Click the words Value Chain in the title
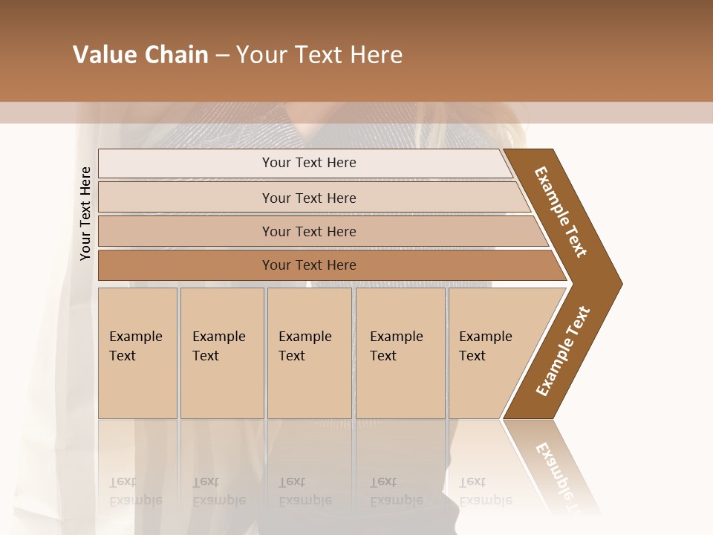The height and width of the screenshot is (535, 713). [x=140, y=55]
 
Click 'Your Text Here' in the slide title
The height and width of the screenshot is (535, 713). [x=319, y=55]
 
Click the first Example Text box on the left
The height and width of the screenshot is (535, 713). [x=137, y=353]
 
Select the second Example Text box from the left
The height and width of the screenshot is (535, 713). [x=222, y=353]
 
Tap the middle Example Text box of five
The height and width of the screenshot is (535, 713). [x=309, y=353]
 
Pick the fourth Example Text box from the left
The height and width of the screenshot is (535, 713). [x=400, y=353]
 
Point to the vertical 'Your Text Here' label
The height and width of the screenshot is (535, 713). [x=85, y=213]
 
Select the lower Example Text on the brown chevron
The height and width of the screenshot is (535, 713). [x=563, y=351]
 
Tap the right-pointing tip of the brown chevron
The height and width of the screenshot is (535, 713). [x=616, y=283]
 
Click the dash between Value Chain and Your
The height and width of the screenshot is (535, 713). [x=222, y=56]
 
